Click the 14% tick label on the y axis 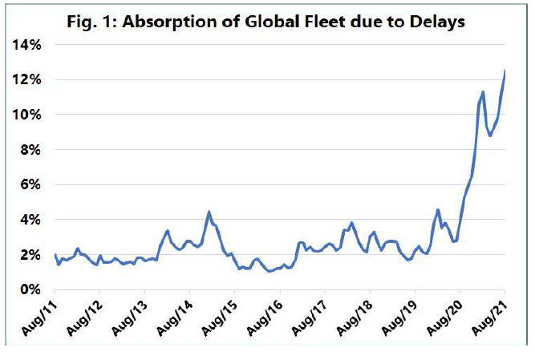point(26,45)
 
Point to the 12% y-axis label point(26,79)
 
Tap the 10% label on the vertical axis point(26,115)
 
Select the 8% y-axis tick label point(29,149)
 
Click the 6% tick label point(29,184)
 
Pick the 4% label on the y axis point(29,219)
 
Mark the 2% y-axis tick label point(29,254)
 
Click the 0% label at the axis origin point(29,289)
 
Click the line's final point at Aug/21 point(505,71)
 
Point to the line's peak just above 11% point(483,92)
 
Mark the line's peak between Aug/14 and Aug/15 point(209,212)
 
